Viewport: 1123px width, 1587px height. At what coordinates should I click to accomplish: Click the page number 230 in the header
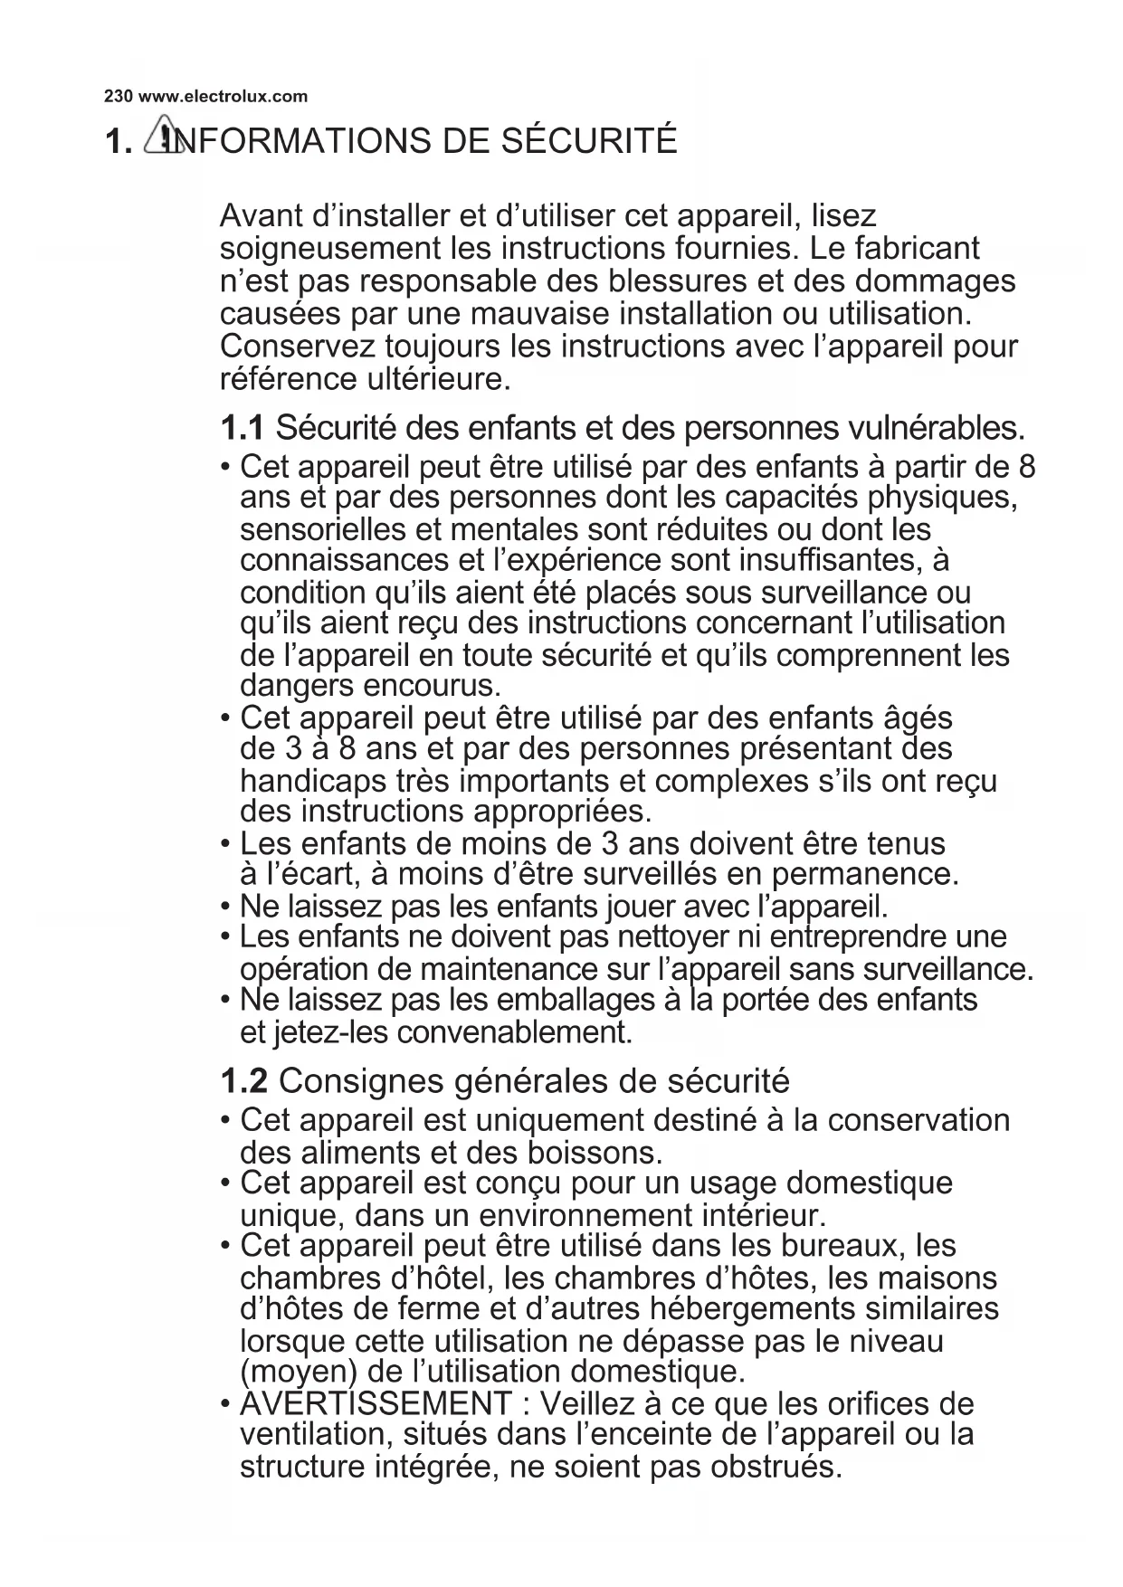[119, 96]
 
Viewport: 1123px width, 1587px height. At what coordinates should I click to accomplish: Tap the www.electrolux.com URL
[223, 96]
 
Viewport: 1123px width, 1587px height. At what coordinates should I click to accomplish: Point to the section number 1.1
[243, 426]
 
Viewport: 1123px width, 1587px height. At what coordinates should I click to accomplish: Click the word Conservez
[298, 347]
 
